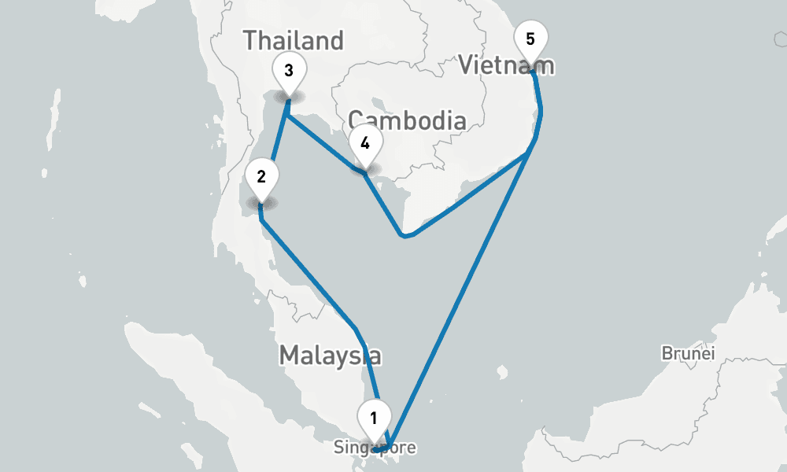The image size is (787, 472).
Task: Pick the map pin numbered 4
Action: click(x=364, y=145)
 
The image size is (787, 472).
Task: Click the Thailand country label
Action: click(x=294, y=40)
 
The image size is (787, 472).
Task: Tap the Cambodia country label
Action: click(x=408, y=120)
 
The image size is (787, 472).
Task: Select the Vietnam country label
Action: click(x=507, y=65)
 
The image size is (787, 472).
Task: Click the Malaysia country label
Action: click(x=331, y=356)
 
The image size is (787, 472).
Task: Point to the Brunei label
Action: click(x=688, y=353)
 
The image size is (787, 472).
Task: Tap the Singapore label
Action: click(x=374, y=448)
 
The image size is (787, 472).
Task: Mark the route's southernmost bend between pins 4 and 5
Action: click(x=403, y=235)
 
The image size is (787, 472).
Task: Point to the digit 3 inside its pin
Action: click(x=289, y=70)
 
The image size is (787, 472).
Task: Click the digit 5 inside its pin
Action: click(x=530, y=39)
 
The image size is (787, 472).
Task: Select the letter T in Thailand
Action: click(x=251, y=40)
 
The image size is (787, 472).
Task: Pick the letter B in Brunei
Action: click(x=667, y=353)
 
